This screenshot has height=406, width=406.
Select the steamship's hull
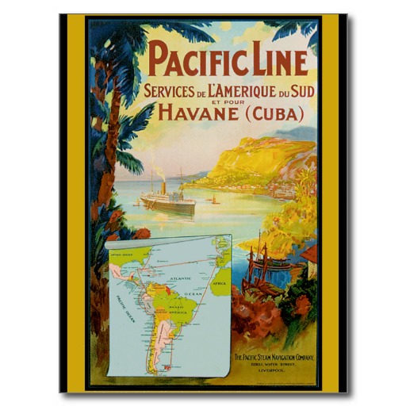point(168,205)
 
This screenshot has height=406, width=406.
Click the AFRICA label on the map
point(220,282)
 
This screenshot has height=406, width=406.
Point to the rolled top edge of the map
point(167,239)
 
